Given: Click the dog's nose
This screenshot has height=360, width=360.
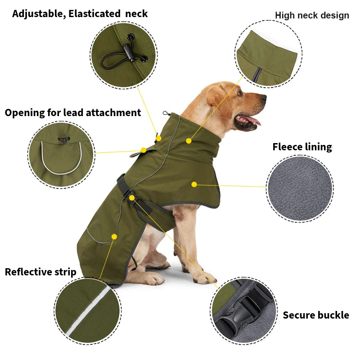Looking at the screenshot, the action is point(264,97).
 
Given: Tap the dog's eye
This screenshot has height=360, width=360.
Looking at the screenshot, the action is point(240,93).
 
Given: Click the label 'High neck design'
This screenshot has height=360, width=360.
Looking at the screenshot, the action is point(312,15).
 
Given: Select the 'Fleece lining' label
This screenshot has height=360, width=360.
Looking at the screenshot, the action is point(302,147).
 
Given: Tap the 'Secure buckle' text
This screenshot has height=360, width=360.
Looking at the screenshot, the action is point(316,315).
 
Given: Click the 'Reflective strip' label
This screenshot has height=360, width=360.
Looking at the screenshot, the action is point(40,272).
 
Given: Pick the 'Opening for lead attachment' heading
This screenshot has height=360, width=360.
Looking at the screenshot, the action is point(73,112).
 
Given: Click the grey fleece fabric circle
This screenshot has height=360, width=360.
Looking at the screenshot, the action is point(300,189).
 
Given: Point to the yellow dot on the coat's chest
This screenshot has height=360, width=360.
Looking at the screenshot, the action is point(194,184).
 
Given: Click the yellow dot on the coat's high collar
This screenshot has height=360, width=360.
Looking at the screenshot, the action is point(189,141).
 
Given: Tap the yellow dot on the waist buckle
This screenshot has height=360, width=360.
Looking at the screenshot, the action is point(131,198).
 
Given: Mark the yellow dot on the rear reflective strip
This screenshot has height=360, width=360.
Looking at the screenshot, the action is point(114,237).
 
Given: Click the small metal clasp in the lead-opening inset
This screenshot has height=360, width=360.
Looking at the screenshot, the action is point(64,139).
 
